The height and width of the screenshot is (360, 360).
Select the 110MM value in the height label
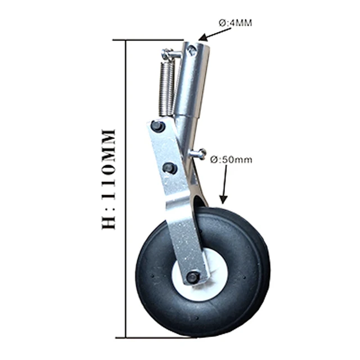click(x=107, y=169)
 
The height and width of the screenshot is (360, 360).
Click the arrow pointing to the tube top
click(x=214, y=34)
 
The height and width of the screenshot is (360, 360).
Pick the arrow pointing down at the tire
click(x=225, y=186)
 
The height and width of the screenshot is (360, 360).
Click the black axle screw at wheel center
click(x=192, y=277)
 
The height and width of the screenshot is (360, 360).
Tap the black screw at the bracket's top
click(x=158, y=126)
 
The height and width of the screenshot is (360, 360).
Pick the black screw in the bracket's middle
click(x=169, y=168)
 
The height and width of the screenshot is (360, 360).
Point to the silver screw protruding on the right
click(x=199, y=153)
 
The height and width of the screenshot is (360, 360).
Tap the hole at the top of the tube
click(x=192, y=51)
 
